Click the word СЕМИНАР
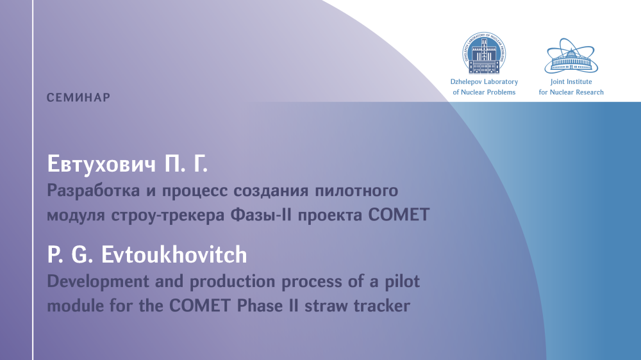coord(78,97)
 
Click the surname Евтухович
coord(102,164)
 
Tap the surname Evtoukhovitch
coord(174,254)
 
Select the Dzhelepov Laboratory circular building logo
coord(484,53)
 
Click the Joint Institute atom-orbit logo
coord(571,56)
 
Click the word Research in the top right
coord(588,92)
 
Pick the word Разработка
coord(93,191)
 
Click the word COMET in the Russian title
coord(399,215)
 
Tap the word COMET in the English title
coord(200,306)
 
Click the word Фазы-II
coord(262,215)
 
